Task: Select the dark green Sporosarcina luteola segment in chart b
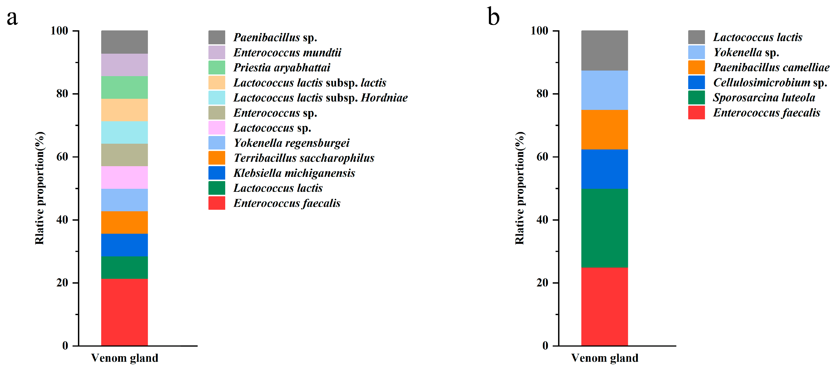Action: (x=604, y=228)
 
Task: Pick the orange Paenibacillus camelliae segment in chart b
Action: (x=604, y=130)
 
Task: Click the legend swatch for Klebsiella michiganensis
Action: (x=216, y=173)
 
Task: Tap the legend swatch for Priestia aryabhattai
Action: (x=216, y=67)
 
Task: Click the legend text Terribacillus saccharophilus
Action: (x=304, y=158)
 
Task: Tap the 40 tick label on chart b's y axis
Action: (x=542, y=220)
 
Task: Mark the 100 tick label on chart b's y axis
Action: (x=539, y=31)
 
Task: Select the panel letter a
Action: (x=12, y=17)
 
